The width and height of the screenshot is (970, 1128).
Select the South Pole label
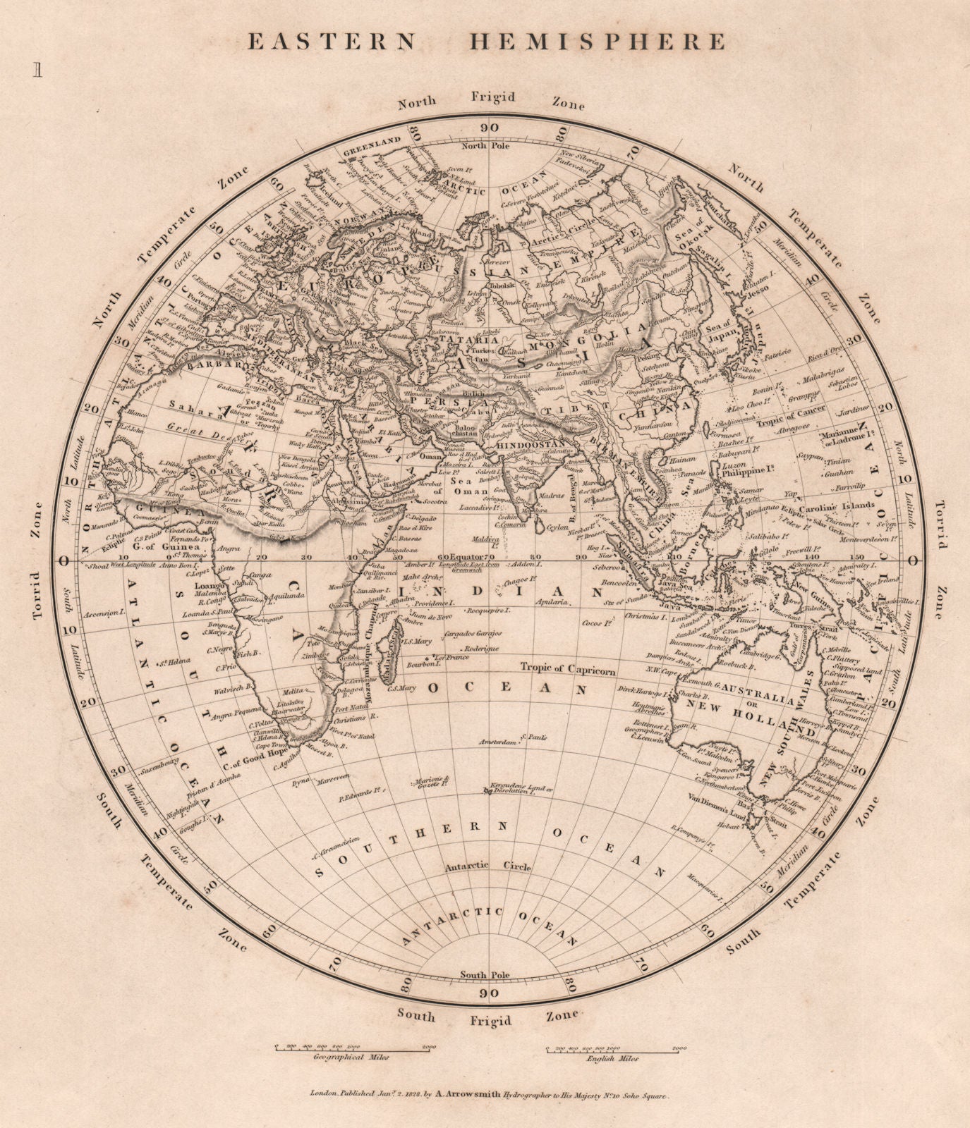coord(483,975)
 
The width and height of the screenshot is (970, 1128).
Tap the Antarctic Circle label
coord(487,866)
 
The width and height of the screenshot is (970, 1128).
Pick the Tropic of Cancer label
coord(780,422)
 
